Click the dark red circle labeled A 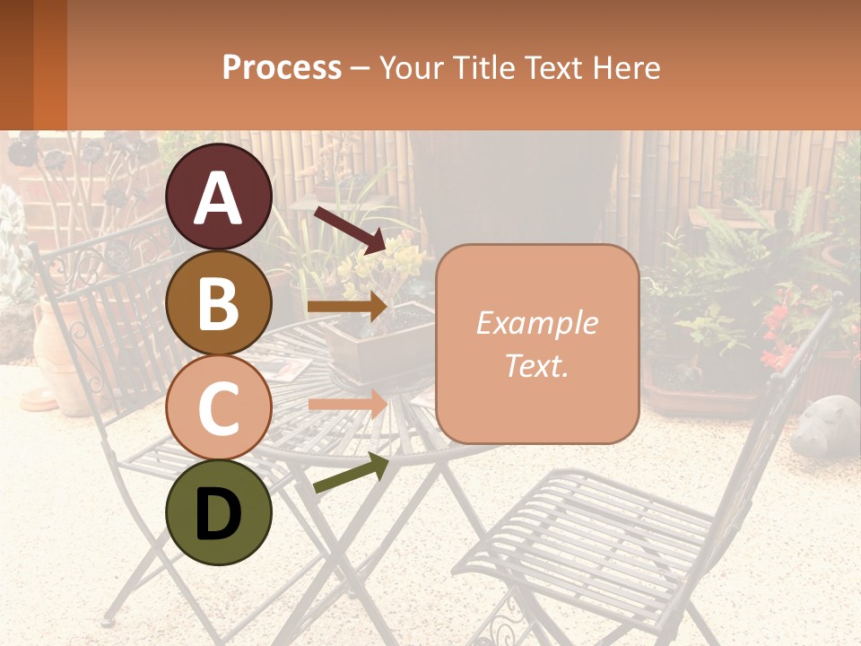219,196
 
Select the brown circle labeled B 219,302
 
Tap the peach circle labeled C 219,407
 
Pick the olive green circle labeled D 219,512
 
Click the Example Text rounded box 537,344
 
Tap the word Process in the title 282,67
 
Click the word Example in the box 537,323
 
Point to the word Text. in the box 537,365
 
